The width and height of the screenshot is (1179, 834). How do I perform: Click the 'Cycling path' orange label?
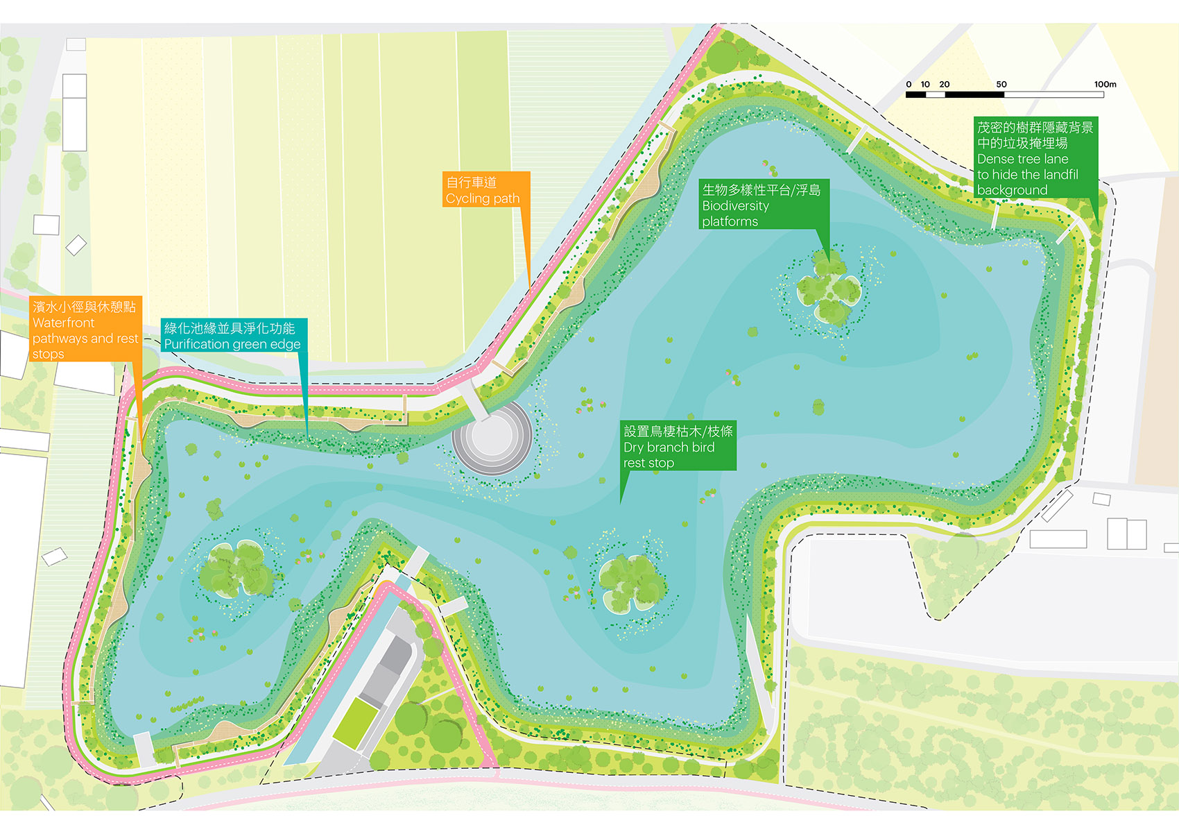(486, 190)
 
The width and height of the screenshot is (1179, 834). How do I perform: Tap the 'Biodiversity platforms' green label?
(763, 205)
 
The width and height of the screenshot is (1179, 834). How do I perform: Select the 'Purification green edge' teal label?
(233, 336)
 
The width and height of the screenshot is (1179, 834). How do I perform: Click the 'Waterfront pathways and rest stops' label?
(85, 330)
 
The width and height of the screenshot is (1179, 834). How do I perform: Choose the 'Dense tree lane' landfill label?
(1035, 158)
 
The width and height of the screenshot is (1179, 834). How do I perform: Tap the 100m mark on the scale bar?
(1105, 85)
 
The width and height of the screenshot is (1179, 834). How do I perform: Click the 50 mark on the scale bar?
(1001, 85)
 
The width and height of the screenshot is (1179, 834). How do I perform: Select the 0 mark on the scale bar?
(909, 85)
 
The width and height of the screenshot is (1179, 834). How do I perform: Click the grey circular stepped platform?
(492, 438)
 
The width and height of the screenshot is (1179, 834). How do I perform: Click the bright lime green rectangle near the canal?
(355, 722)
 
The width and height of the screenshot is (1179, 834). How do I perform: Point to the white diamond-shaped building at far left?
(76, 245)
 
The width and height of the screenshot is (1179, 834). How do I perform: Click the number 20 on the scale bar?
(945, 85)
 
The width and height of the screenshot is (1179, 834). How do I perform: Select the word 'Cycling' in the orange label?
(468, 198)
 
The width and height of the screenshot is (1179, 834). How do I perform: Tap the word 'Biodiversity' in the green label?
(735, 206)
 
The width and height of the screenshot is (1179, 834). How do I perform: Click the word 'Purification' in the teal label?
(196, 344)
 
